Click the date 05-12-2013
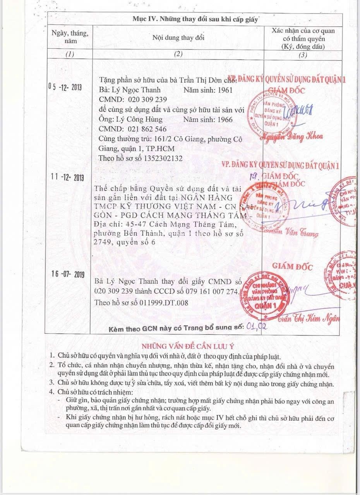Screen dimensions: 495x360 [65, 87]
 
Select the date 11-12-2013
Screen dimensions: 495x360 [67, 178]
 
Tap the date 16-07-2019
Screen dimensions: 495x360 [67, 274]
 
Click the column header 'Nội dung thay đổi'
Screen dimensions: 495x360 [178, 38]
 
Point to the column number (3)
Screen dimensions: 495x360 [303, 55]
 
